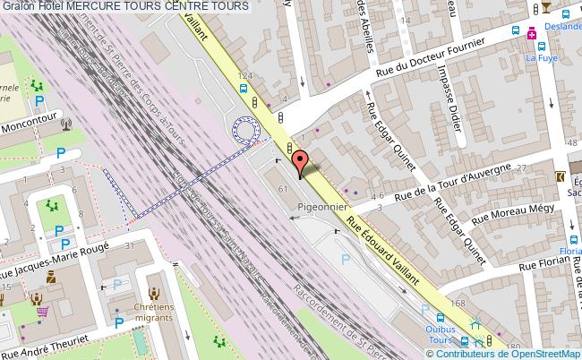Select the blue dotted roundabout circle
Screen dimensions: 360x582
pyautogui.click(x=244, y=129)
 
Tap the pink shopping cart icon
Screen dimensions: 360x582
pyautogui.click(x=41, y=312)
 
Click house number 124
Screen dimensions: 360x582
pyautogui.click(x=244, y=75)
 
